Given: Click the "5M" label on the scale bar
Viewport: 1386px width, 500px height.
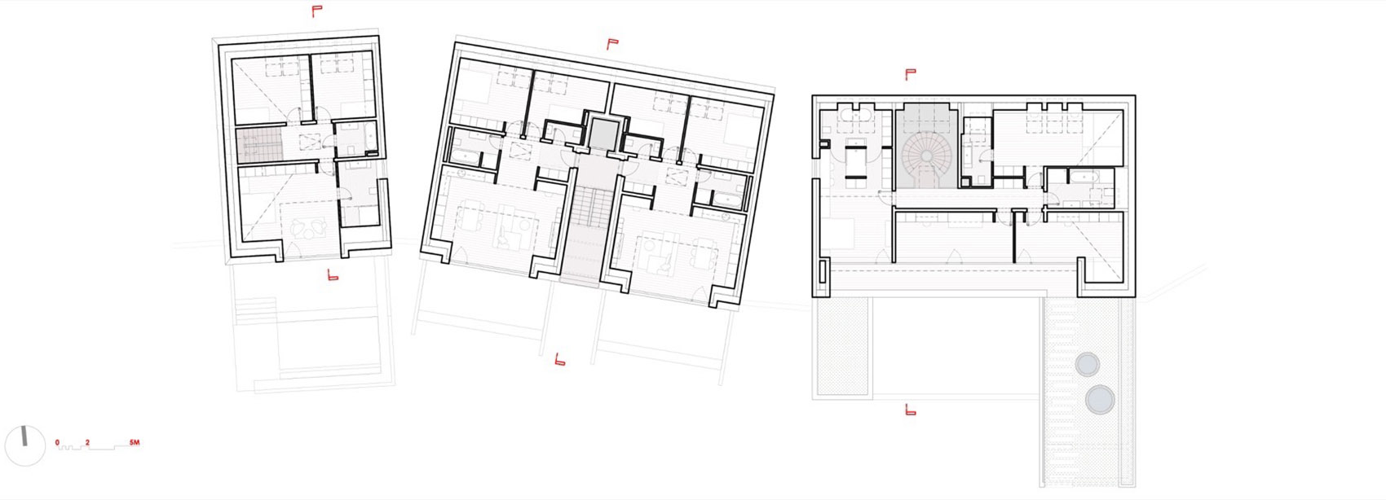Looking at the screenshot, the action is tap(135, 442).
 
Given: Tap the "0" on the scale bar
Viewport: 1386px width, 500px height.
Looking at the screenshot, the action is tap(58, 442).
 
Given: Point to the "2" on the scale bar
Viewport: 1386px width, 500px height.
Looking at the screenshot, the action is tap(87, 442).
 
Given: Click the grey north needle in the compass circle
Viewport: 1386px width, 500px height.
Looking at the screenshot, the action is tap(24, 436).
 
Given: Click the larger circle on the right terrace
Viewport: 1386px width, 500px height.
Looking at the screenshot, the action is tap(1100, 399).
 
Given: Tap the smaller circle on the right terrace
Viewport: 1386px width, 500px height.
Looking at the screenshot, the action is tap(1087, 365).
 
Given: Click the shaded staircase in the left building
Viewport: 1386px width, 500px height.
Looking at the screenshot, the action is tap(259, 146).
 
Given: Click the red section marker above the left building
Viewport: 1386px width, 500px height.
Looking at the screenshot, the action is tap(317, 11).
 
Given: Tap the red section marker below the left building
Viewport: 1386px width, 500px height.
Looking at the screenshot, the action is tap(333, 275).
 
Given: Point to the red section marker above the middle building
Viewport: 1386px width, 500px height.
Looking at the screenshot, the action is tap(612, 44).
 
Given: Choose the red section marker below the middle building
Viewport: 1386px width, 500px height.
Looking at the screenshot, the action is tap(560, 359).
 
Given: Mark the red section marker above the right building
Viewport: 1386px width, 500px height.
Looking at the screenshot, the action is tap(910, 75).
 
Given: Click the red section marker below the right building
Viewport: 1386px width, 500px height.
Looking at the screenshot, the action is tap(910, 410).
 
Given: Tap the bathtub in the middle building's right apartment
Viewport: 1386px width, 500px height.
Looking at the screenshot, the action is tap(727, 199).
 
